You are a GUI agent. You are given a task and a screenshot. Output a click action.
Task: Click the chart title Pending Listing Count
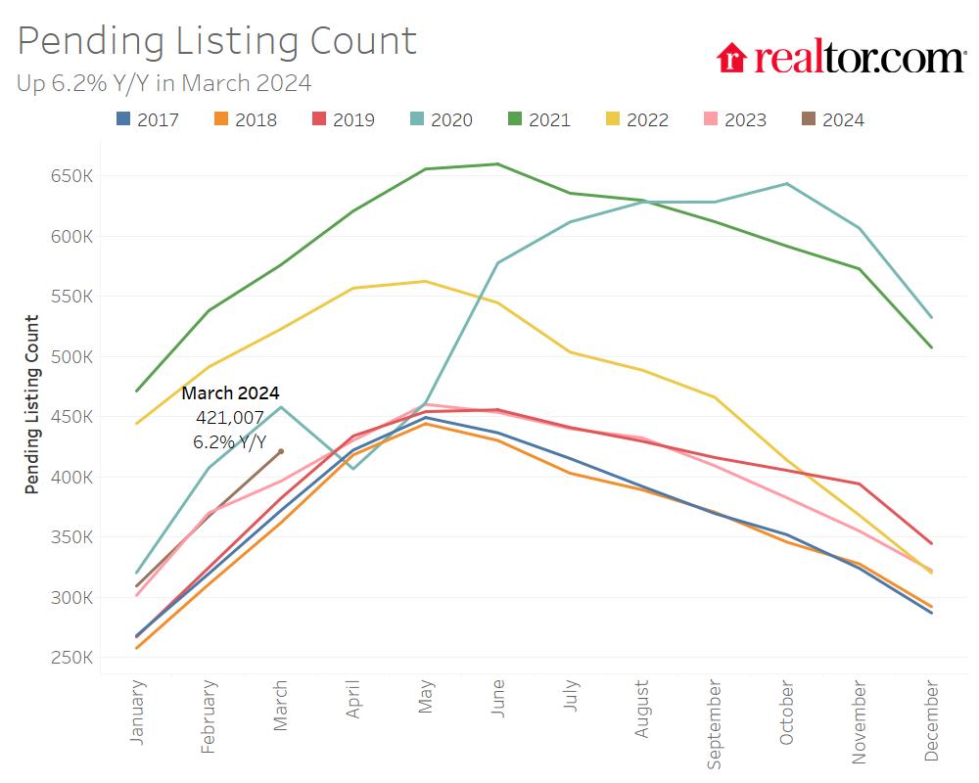[x=217, y=41]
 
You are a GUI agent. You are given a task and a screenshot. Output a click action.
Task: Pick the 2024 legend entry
[x=832, y=119]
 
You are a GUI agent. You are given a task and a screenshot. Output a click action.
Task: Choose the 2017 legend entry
[x=147, y=119]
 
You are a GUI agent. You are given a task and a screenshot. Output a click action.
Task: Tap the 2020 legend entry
[x=441, y=119]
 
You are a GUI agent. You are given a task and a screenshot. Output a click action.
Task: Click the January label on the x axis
[x=137, y=713]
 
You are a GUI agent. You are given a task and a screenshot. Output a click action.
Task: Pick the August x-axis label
[x=642, y=711]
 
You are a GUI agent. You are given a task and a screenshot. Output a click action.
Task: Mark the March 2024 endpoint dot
[x=281, y=451]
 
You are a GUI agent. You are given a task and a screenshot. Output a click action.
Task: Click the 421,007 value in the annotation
[x=230, y=418]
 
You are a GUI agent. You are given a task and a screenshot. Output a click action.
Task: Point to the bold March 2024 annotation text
[x=230, y=393]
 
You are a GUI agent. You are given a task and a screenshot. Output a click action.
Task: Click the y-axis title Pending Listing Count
[x=32, y=403]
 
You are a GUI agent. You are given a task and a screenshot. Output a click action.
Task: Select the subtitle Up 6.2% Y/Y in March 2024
[x=163, y=83]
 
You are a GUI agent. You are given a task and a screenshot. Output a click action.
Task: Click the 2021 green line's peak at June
[x=497, y=164]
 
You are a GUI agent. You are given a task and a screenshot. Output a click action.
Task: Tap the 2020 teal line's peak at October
[x=786, y=184]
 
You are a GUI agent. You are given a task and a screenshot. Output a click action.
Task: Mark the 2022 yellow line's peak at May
[x=425, y=281]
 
